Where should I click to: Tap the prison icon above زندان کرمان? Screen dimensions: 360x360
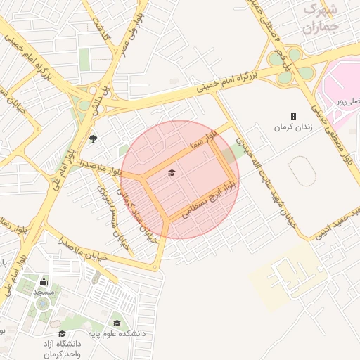point(293,116)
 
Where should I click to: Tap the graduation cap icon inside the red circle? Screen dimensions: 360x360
point(172,172)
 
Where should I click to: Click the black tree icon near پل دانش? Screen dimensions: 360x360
point(93,138)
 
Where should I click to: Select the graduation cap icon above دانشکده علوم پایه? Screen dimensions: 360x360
point(116,323)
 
